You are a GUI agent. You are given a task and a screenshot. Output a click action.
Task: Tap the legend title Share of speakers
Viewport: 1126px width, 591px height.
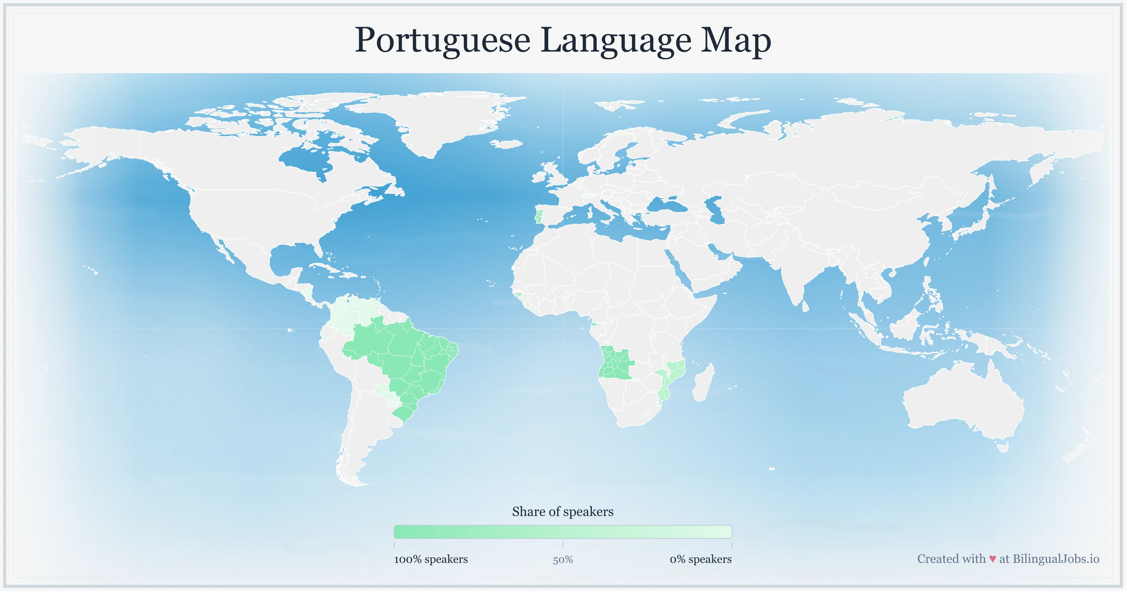563,511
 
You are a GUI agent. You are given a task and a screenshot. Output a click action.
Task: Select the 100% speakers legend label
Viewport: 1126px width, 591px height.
431,559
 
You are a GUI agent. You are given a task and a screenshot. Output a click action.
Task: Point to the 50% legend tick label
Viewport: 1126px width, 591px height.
563,560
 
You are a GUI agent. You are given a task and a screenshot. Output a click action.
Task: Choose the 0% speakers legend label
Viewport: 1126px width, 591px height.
700,559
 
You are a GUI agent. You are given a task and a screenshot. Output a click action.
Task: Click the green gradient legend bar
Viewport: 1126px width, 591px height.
563,532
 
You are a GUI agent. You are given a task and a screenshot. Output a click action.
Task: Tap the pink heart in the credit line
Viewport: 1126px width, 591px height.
993,559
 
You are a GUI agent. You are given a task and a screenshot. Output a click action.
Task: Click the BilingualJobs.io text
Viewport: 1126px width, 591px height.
1056,559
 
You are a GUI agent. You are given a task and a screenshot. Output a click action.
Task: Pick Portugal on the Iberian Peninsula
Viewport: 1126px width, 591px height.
539,216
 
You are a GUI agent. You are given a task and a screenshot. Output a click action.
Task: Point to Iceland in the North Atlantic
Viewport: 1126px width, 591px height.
507,144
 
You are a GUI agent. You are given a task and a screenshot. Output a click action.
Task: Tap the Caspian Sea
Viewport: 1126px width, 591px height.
717,210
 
